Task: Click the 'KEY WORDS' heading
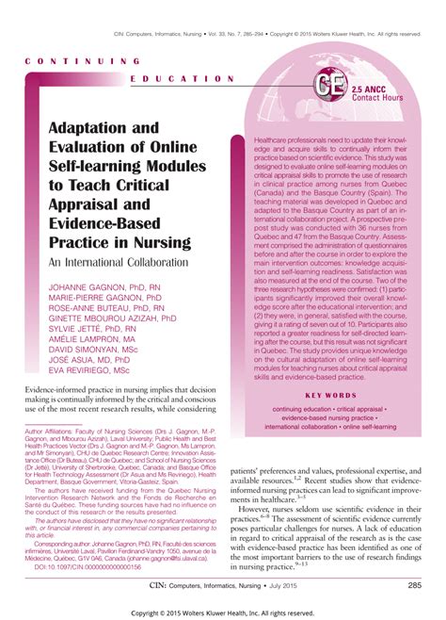[x=330, y=395]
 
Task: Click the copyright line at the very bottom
[x=223, y=612]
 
